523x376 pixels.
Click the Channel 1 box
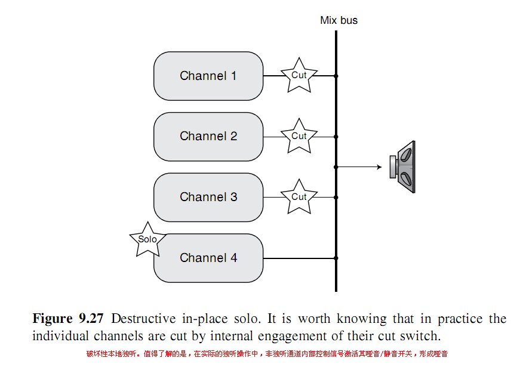point(208,76)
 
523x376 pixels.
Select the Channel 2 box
point(208,137)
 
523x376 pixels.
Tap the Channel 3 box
point(208,198)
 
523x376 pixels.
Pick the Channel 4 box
point(208,258)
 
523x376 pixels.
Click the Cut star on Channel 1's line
point(299,76)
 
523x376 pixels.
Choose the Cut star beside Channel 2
point(299,137)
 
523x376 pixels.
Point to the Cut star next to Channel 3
point(299,198)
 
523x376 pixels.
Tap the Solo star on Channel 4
point(147,240)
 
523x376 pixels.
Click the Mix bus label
point(339,20)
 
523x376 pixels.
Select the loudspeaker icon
point(402,167)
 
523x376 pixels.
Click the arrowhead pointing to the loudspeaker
point(380,167)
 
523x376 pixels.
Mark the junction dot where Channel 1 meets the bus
point(336,76)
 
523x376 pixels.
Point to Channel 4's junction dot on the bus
point(336,258)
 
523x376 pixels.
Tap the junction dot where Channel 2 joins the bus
point(336,137)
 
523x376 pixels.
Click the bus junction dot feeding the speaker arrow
point(336,167)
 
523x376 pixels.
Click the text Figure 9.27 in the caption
point(68,318)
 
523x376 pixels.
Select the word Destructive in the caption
point(143,319)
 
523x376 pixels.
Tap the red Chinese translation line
point(267,354)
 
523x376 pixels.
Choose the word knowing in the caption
point(362,319)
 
